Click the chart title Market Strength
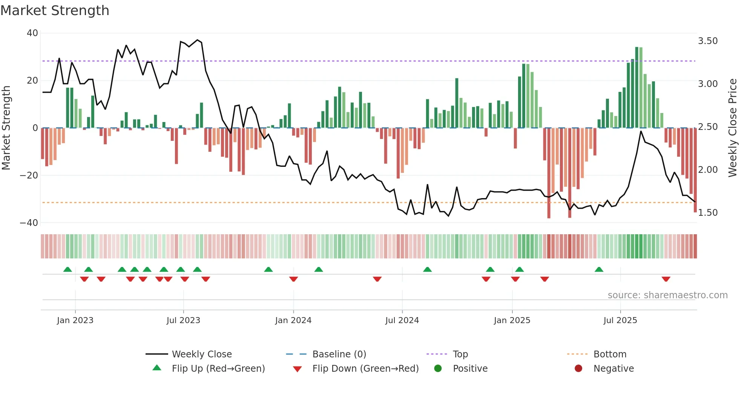[x=55, y=11]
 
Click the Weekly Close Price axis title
[x=732, y=128]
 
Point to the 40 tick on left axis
[x=32, y=33]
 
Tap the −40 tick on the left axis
[x=29, y=223]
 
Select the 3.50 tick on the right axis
[x=708, y=41]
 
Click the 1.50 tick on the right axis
[x=708, y=213]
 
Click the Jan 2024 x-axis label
[x=293, y=320]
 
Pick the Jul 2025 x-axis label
[x=620, y=320]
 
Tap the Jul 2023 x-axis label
[x=183, y=320]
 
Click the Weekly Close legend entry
[x=202, y=354]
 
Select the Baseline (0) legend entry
[x=339, y=354]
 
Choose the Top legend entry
[x=460, y=354]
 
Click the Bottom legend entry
[x=610, y=354]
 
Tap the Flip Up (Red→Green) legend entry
[x=218, y=369]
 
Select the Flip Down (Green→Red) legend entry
[x=365, y=369]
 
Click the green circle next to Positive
[x=438, y=368]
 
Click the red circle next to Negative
[x=578, y=368]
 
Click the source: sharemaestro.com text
[x=667, y=295]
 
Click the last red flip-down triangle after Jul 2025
[x=666, y=279]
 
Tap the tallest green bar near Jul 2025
[x=637, y=87]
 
